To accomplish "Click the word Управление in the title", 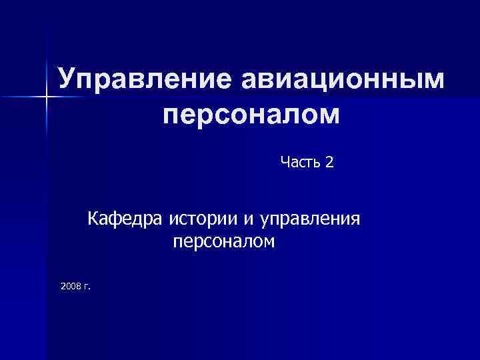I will coord(140,79).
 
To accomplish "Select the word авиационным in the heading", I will coord(338,79).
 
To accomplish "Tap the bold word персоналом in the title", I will coord(251,115).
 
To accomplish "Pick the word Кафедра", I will coord(127,218).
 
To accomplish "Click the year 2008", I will coord(70,286).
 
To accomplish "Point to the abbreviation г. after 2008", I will coord(87,287).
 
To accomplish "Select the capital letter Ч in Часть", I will coord(285,162).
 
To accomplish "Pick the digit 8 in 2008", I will coord(79,286).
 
